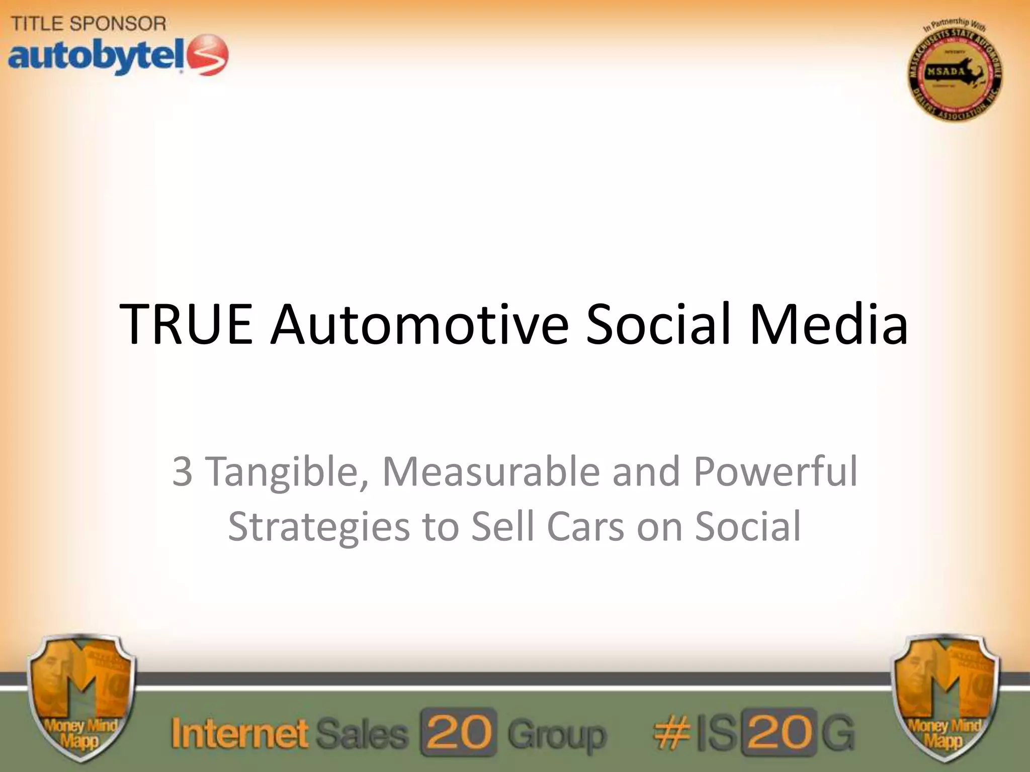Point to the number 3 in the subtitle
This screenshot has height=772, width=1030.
(x=182, y=471)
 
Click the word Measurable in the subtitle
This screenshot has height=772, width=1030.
(x=491, y=471)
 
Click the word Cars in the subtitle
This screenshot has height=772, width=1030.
(x=585, y=527)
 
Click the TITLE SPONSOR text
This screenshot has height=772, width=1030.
(x=89, y=24)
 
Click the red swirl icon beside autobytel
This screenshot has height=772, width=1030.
(x=207, y=55)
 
